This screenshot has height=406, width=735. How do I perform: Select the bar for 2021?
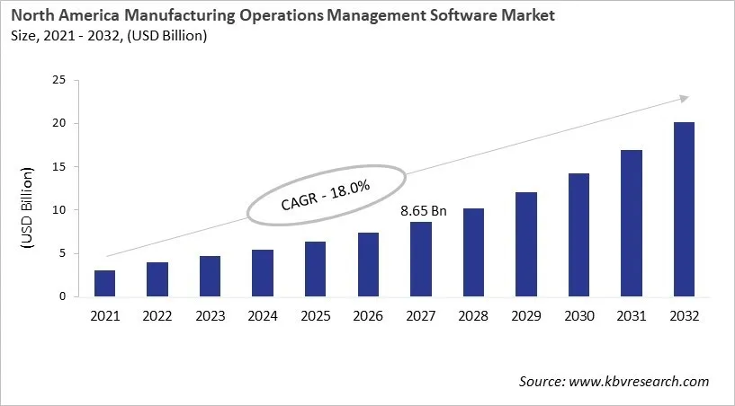[x=104, y=283]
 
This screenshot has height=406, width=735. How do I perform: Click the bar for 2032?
[x=684, y=209]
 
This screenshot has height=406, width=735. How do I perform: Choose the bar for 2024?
[x=263, y=273]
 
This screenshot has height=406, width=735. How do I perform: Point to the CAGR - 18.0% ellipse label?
[x=327, y=195]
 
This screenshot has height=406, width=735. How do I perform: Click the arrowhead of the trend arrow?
[x=685, y=98]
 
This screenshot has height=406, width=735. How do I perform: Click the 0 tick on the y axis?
[x=61, y=296]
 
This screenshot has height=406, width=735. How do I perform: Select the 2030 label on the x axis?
[x=578, y=315]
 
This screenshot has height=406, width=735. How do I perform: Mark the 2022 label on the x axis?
[x=157, y=315]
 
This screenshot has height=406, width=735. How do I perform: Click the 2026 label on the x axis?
[x=368, y=315]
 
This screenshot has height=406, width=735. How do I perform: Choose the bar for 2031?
[x=631, y=224]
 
